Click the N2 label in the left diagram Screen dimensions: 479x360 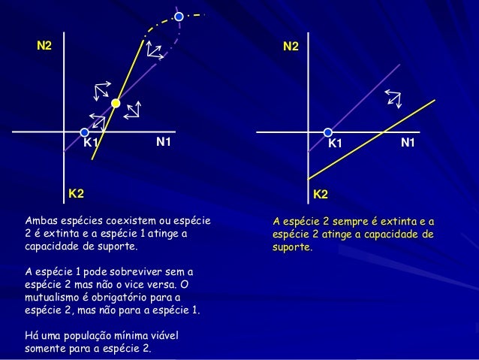coord(45,47)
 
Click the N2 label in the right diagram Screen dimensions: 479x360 coord(291,47)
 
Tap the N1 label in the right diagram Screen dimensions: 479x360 coord(408,141)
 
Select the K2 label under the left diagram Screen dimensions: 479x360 coord(76,194)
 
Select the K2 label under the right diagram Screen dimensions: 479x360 coord(321,195)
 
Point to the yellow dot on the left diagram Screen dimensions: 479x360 coord(116,103)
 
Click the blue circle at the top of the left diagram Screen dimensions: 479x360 coord(179,17)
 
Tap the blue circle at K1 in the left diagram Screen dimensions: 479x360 coord(85,132)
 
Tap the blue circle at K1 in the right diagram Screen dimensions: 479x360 coord(328,132)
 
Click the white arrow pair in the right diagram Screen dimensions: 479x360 coord(392,98)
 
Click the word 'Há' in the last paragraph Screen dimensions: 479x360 coord(32,335)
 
